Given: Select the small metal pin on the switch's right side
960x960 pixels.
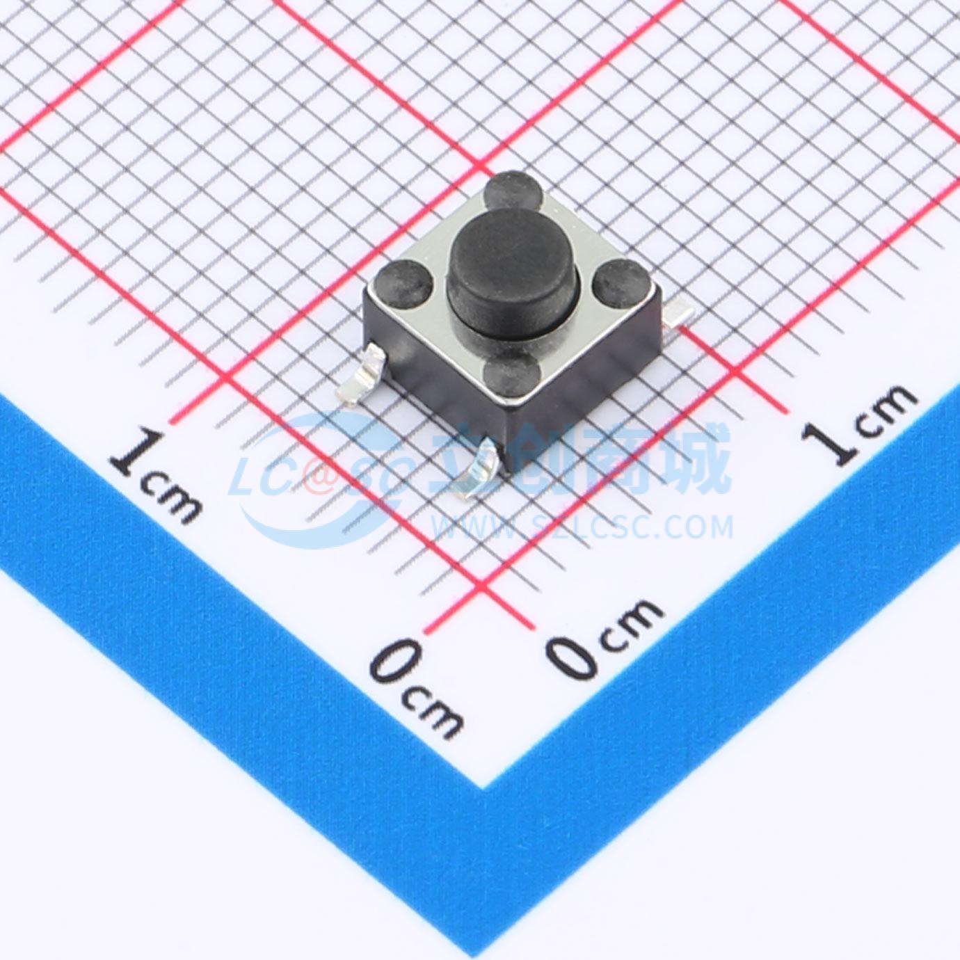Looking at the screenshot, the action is pos(678,316).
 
